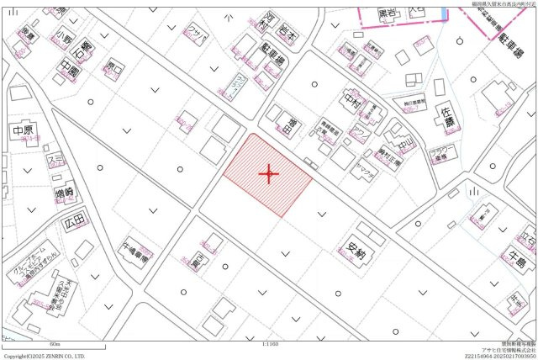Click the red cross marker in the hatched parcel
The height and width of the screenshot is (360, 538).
point(269,174)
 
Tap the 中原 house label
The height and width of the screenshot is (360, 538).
point(21,131)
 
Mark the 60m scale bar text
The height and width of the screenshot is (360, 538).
point(55,344)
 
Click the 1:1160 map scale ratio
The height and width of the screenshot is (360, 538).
point(270,344)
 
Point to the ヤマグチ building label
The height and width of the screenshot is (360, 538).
point(368,166)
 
